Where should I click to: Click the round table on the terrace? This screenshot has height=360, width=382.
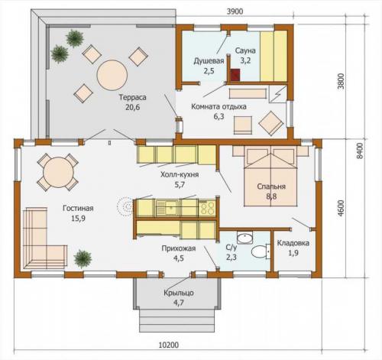coord(112,75)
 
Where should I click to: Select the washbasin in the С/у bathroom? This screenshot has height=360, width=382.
coord(244,238)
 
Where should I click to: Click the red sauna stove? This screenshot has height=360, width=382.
coord(235,74)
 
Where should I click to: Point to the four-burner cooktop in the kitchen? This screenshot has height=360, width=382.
coord(207,208)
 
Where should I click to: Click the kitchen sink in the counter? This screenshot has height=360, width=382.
coord(167,207)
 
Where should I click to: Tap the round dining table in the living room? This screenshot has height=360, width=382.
coord(58,172)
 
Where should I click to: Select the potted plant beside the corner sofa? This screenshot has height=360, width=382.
coord(83,259)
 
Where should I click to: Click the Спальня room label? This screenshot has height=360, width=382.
coord(271,186)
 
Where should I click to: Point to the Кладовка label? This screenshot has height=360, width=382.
coord(293,243)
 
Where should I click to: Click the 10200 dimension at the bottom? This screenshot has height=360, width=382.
coord(169,345)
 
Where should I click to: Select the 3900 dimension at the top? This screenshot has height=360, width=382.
coord(235,11)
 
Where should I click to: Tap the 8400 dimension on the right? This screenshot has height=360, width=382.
coord(360,151)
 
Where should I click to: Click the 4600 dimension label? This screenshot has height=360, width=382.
coord(342,209)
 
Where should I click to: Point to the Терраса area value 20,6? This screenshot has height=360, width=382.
coord(132,107)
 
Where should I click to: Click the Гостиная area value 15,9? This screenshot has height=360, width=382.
coord(79,219)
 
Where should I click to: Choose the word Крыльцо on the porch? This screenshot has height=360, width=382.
coord(179,293)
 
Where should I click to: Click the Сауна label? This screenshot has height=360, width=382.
coord(245,50)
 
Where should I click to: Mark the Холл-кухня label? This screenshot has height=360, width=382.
coord(180,175)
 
